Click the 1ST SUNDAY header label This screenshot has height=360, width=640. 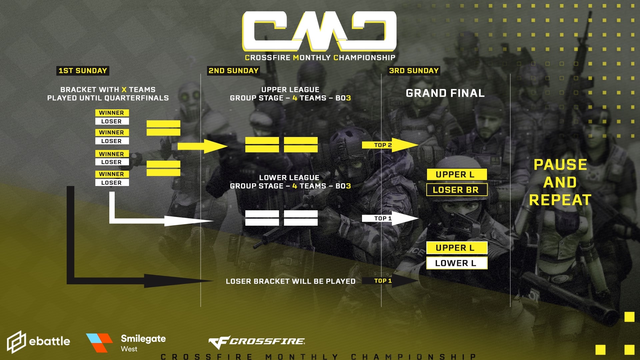[x=83, y=71]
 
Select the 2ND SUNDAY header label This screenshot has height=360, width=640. [x=233, y=71]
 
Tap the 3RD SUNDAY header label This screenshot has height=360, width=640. [x=414, y=71]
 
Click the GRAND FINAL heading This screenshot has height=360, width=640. [x=445, y=93]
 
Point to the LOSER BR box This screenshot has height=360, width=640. [x=457, y=190]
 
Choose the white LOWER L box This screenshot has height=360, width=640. [x=457, y=263]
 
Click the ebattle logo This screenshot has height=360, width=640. [x=39, y=341]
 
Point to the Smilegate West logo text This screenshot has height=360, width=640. [x=143, y=343]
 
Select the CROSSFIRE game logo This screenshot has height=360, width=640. [x=257, y=341]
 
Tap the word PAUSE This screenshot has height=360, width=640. [x=560, y=165]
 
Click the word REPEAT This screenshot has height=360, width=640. [x=560, y=200]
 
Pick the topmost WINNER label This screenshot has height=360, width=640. [x=112, y=113]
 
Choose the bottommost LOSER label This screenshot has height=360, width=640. [x=112, y=183]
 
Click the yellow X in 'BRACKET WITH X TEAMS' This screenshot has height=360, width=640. [x=124, y=90]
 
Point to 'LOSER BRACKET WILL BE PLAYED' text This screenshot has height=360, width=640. [x=290, y=281]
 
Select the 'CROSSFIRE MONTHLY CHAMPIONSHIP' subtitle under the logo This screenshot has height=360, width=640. [x=320, y=58]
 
